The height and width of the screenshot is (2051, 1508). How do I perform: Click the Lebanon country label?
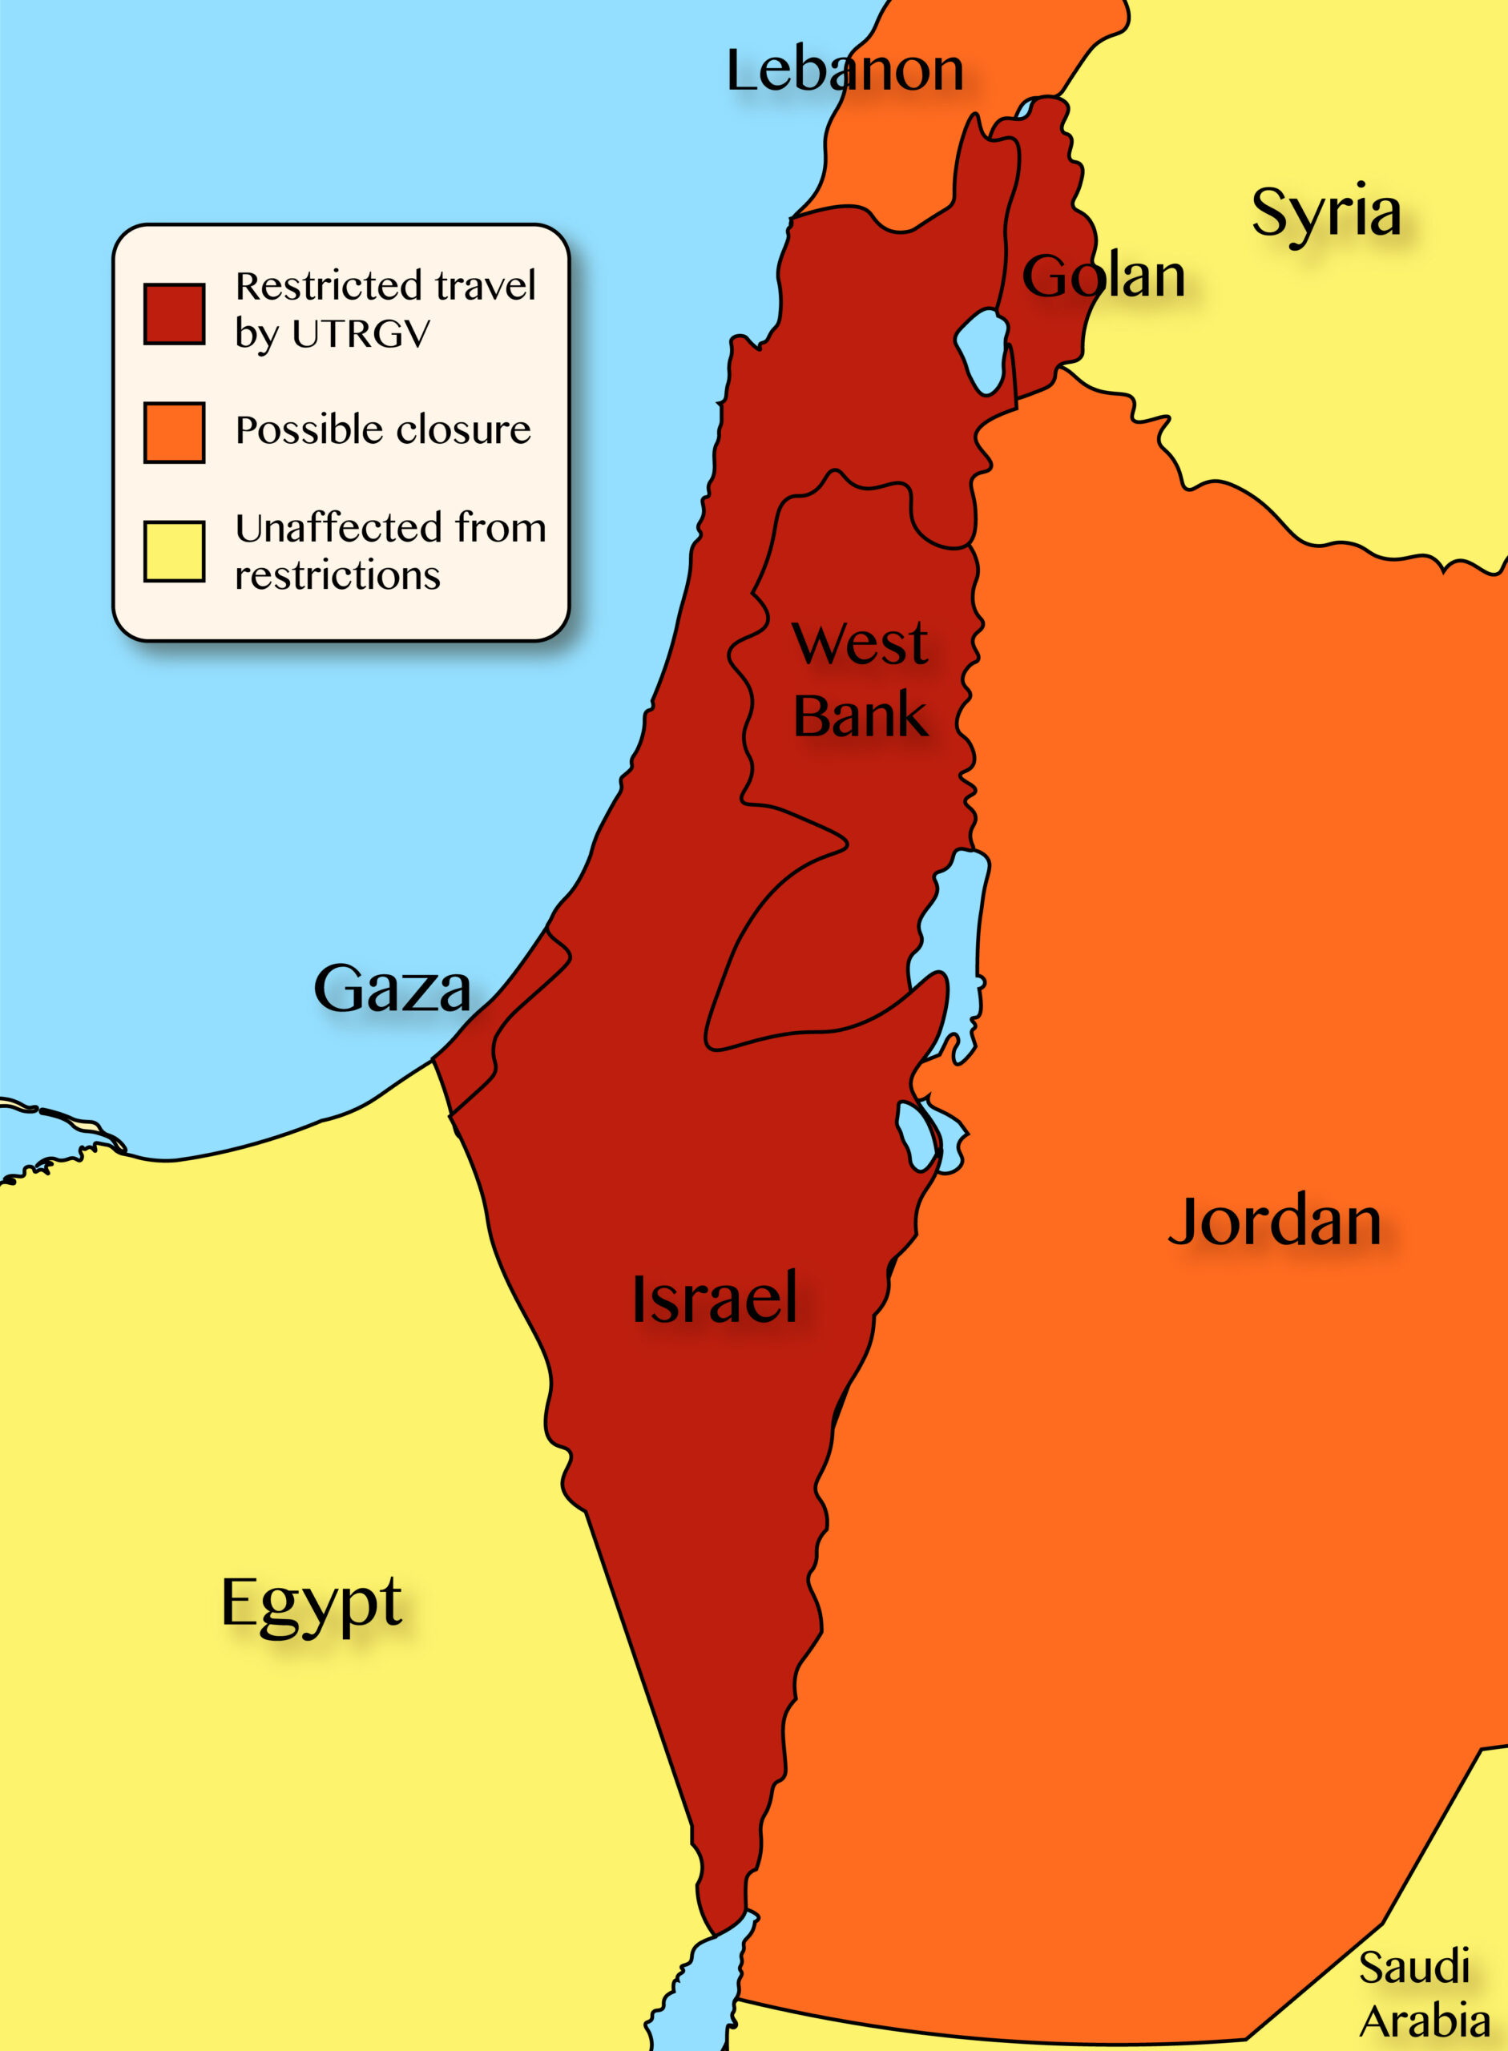845,71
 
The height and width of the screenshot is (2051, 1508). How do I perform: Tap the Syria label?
1325,211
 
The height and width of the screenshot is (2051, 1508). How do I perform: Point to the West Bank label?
859,679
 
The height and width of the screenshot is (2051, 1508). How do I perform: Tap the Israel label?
715,1298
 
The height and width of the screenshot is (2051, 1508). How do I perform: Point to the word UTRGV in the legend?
361,334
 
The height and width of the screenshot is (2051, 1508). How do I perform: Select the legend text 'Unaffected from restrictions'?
389,551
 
